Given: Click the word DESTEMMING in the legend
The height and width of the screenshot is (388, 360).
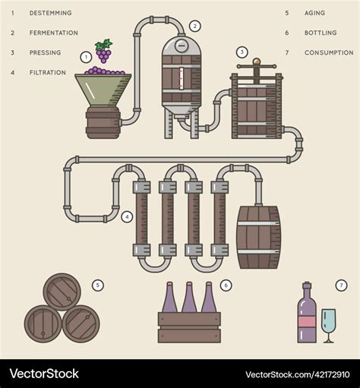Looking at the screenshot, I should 50,13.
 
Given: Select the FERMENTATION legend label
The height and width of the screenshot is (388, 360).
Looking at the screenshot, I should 53,33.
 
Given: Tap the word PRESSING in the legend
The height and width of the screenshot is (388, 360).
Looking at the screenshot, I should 45,52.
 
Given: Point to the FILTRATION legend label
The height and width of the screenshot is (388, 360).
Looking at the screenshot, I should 48,72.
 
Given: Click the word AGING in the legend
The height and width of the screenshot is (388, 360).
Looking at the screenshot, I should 314,13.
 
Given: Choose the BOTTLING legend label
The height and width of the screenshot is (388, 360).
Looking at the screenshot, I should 320,33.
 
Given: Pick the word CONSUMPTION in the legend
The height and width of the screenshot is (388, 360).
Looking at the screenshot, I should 329,52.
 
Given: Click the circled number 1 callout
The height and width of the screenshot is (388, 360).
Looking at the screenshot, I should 86,57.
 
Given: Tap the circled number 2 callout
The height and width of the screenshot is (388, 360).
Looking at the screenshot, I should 195,26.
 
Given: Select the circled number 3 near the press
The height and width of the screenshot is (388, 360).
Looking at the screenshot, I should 242,52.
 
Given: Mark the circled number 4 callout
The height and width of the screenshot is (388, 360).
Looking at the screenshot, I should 127,216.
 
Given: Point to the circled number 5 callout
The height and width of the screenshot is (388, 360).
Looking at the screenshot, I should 97,285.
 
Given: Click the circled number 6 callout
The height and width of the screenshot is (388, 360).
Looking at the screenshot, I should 226,285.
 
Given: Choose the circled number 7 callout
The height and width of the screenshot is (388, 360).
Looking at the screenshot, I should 341,285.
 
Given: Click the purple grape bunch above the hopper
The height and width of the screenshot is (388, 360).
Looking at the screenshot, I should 104,52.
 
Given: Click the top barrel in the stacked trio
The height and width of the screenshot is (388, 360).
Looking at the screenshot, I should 62,292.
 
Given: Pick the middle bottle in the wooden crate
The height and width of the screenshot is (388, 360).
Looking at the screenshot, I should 189,299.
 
